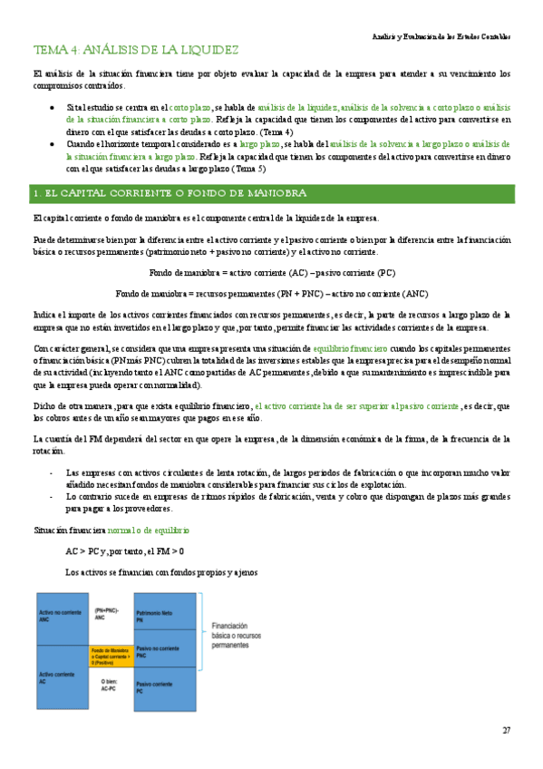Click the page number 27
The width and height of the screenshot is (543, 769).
(x=507, y=731)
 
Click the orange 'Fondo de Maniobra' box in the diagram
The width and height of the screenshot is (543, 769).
(x=110, y=657)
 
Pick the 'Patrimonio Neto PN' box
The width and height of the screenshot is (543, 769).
(x=165, y=617)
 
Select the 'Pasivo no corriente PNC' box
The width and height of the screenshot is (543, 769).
(x=165, y=651)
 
